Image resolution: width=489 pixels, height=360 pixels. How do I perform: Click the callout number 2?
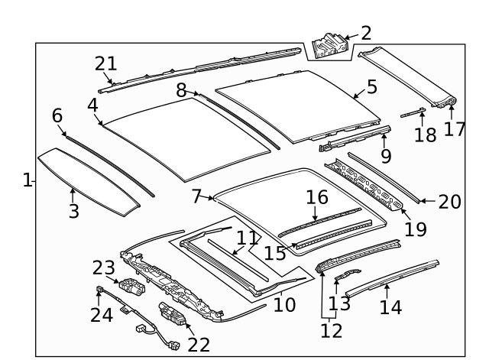pos(366,32)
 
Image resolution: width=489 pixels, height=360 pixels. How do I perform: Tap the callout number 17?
pos(454,128)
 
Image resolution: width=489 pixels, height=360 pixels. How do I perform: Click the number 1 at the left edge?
pos(28,180)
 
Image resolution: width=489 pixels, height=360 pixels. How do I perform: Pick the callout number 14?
pos(390,307)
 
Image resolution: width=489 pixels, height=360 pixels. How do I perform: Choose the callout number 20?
pos(450,202)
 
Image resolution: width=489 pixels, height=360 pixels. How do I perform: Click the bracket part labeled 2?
pos(329,44)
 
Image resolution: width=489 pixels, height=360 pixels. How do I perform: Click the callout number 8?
pos(182,90)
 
